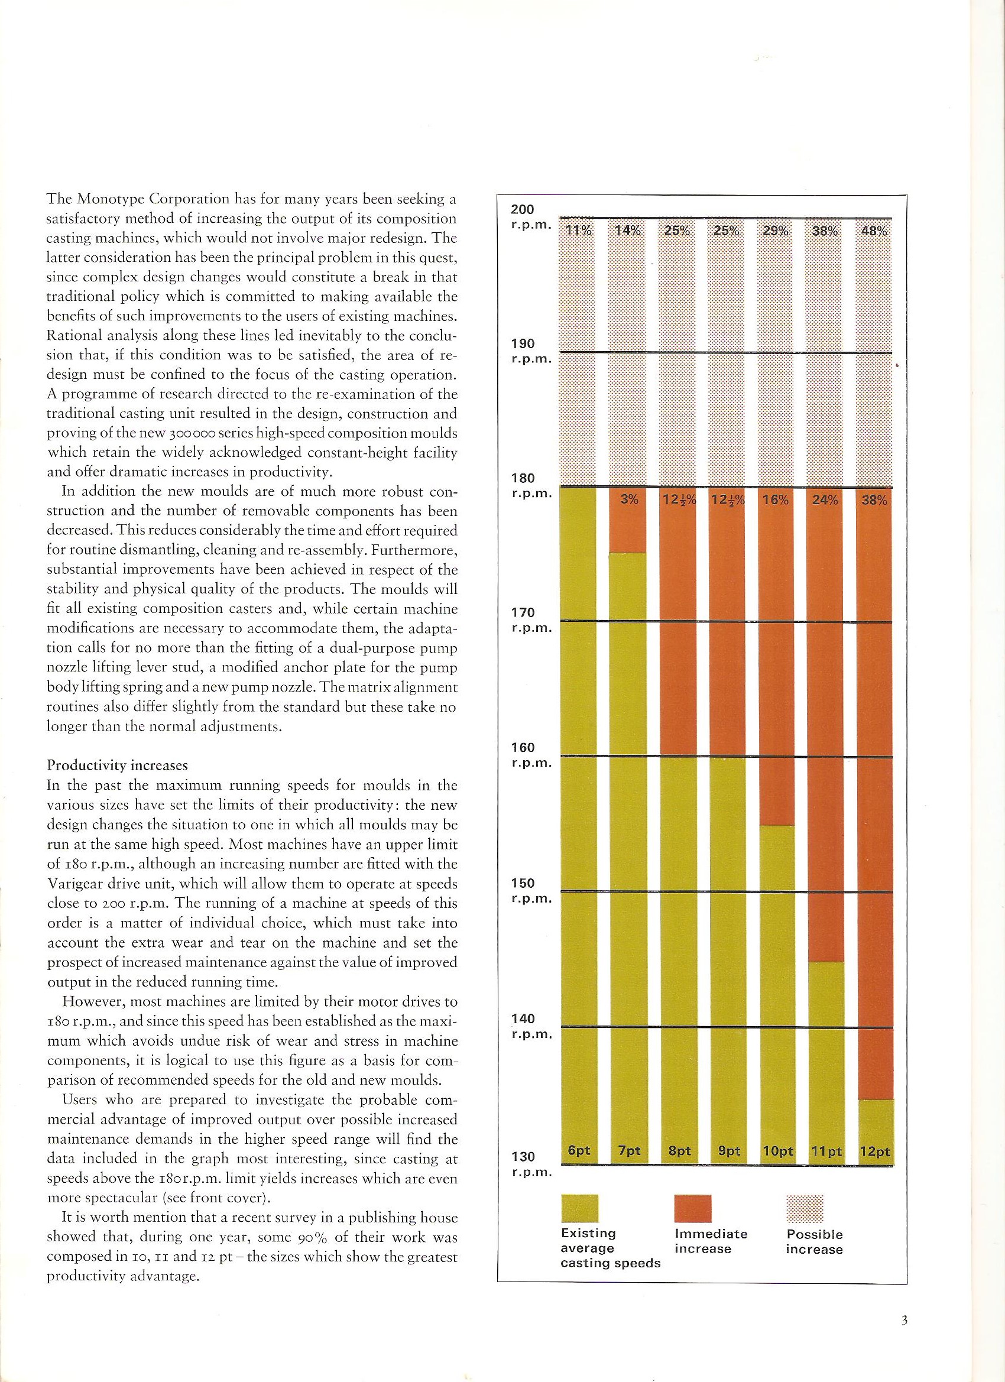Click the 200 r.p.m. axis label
(x=523, y=217)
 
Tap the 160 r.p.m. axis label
(x=523, y=754)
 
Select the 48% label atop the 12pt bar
(x=874, y=232)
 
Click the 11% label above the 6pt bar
(x=577, y=231)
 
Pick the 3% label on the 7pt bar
(x=628, y=500)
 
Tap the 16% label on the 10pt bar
(x=776, y=500)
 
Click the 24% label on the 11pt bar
(x=825, y=500)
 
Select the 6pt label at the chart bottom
(x=578, y=1150)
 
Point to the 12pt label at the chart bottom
(x=874, y=1151)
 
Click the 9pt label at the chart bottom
(x=728, y=1151)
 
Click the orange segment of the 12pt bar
(x=874, y=792)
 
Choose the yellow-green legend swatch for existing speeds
(x=579, y=1208)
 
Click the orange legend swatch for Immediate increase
(x=693, y=1208)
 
